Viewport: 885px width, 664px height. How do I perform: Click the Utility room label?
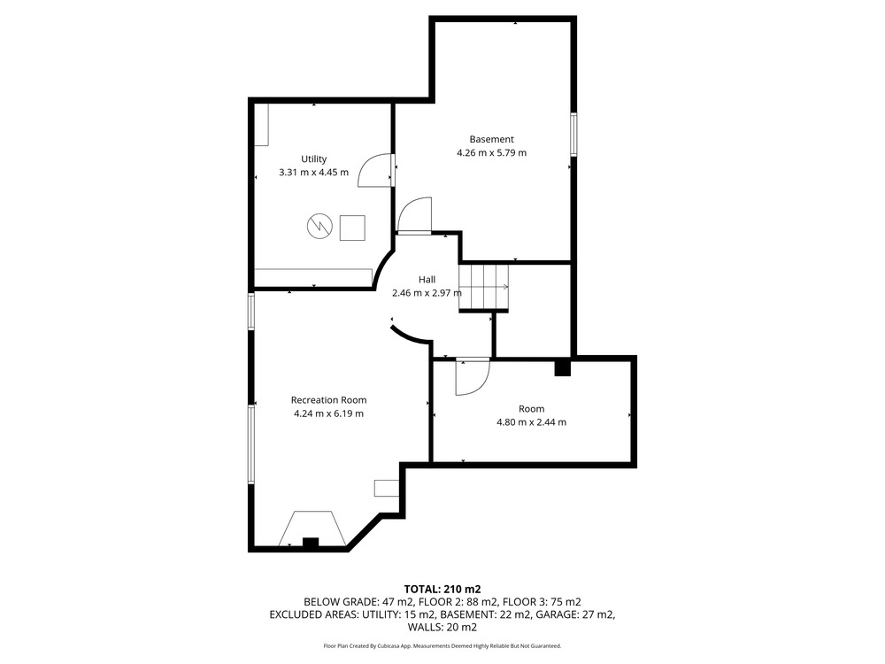coord(314,159)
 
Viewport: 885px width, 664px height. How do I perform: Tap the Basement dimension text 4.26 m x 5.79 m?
coord(491,152)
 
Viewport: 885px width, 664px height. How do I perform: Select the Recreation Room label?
coord(328,400)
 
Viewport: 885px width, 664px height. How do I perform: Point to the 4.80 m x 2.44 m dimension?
coord(531,421)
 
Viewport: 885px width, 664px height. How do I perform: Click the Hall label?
coord(427,280)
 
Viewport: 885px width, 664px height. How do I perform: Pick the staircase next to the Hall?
coord(484,288)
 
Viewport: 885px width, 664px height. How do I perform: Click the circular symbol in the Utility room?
coord(319,227)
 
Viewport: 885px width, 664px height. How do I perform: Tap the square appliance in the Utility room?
coord(352,228)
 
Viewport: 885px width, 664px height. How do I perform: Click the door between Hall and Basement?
coord(415,215)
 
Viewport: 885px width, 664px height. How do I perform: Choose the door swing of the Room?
coord(473,376)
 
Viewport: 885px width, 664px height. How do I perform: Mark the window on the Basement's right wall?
coord(573,135)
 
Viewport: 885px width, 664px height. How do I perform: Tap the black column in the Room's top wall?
coord(563,368)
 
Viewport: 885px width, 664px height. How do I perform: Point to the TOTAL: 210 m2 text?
coord(442,590)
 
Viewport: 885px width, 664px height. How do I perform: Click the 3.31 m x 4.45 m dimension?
coord(314,173)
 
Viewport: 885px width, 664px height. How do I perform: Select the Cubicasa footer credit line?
coord(442,645)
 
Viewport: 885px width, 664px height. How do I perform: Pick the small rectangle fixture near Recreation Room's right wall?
coord(387,488)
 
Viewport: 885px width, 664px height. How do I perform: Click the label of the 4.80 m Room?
coord(531,409)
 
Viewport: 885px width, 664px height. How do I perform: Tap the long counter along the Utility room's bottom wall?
coord(312,277)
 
